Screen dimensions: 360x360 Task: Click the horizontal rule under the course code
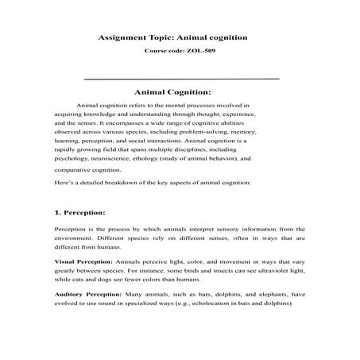[181, 79]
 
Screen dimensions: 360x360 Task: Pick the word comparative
[74, 169]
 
